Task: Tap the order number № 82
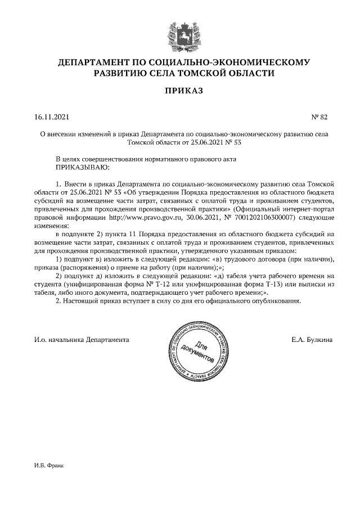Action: click(x=319, y=117)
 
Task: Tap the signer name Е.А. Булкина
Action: click(x=312, y=340)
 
